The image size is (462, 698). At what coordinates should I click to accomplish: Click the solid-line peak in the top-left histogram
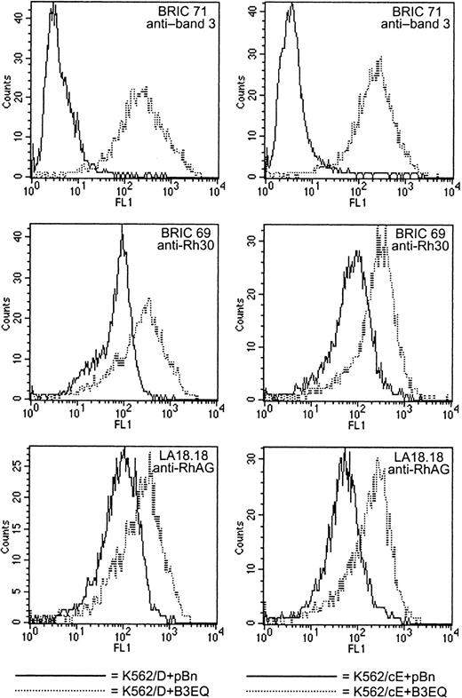click(53, 5)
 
